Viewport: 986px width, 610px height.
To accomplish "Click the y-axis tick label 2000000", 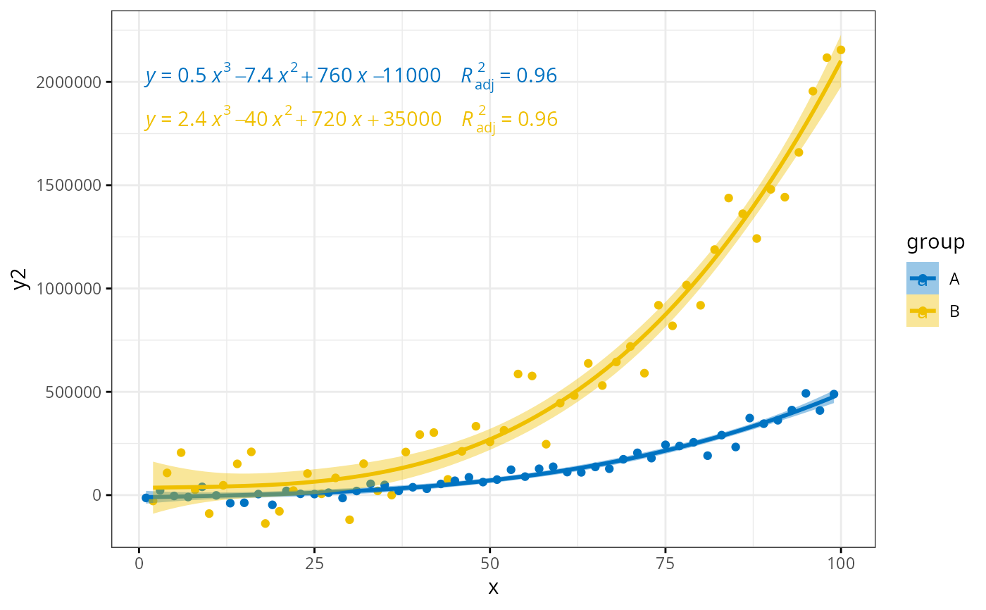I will click(69, 82).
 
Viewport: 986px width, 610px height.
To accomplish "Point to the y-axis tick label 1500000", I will click(69, 186).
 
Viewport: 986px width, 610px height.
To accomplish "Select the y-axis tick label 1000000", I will click(69, 289).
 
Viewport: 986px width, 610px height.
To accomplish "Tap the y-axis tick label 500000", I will click(73, 392).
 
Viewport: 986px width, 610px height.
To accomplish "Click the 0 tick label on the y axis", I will click(97, 495).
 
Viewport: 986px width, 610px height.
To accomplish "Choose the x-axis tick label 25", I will click(314, 563).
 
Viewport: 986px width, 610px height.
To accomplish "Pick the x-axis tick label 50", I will click(489, 563).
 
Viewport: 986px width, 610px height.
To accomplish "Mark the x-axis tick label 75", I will click(665, 563).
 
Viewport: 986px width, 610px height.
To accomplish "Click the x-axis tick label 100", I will click(840, 563).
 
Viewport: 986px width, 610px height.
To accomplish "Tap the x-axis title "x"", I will click(493, 587).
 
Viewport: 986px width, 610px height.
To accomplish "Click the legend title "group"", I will click(935, 242).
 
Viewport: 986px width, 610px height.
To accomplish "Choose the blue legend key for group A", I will click(922, 279).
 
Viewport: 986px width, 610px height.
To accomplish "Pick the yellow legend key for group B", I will click(922, 311).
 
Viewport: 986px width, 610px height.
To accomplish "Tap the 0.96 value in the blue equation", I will click(537, 76).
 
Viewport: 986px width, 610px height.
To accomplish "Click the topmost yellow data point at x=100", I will click(840, 49).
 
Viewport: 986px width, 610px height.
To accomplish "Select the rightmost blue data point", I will click(833, 394).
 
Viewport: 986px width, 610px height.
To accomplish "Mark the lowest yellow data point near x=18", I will click(266, 523).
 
